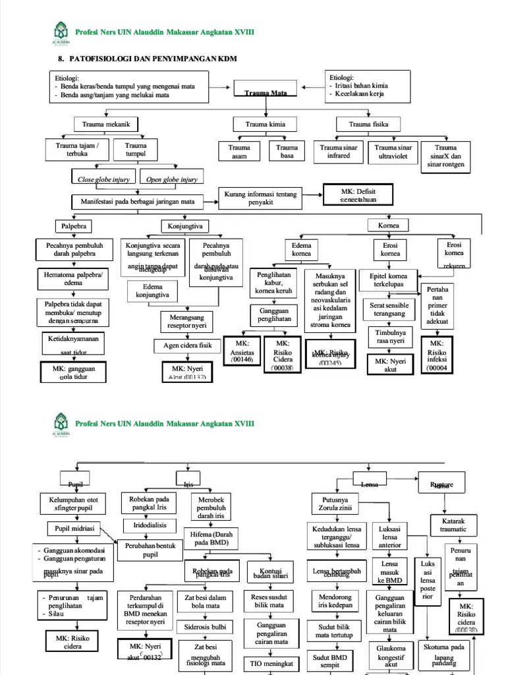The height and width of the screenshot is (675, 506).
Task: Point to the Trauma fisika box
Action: [368, 124]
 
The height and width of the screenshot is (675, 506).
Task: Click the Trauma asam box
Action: [240, 152]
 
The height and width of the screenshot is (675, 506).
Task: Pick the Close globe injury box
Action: [104, 179]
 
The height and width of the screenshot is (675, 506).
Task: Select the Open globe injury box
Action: [171, 179]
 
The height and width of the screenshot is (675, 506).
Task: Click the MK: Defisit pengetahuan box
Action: [358, 194]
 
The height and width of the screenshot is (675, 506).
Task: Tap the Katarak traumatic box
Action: [453, 525]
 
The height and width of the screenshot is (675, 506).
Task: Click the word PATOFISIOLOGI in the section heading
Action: [105, 59]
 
